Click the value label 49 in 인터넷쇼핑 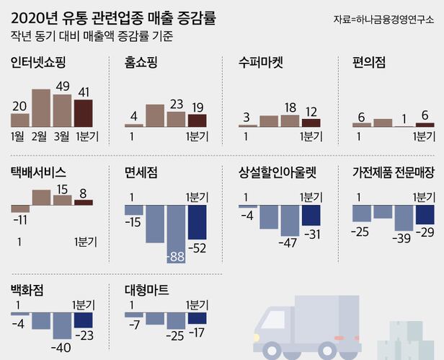tap(62, 87)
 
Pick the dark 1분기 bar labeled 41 tap(83, 113)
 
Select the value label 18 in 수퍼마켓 tap(290, 107)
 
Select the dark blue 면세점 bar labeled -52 tap(197, 212)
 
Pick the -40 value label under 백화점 tap(62, 348)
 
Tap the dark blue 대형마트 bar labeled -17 tap(197, 317)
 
